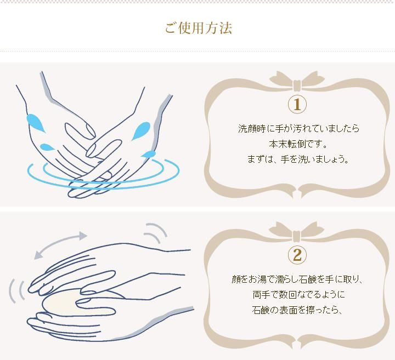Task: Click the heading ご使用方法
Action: pos(198,28)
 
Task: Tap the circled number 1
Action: pos(297,105)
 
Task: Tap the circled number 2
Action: pos(297,255)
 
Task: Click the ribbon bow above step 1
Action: pos(297,81)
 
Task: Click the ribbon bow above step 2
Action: pos(297,231)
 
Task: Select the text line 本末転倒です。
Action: pos(298,144)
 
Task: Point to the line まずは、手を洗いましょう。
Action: pos(298,159)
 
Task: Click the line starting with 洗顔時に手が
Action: pos(298,129)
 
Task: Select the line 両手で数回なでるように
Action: pos(298,294)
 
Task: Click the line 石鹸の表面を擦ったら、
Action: pos(297,310)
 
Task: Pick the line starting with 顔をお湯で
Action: pos(297,279)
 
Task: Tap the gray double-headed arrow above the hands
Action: pos(60,244)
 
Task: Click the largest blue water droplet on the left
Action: pos(35,123)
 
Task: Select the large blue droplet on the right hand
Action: pos(141,130)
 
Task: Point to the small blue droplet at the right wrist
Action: pos(149,154)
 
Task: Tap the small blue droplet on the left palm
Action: pos(46,147)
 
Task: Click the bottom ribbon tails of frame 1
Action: pos(297,191)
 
